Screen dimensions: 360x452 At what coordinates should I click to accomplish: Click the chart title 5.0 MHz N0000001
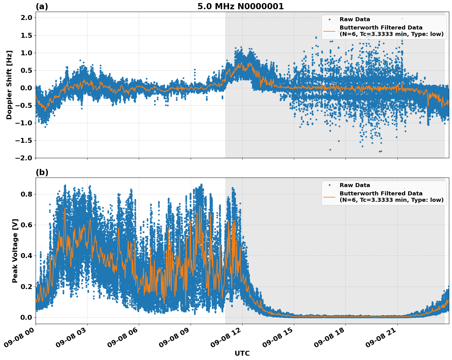[x=240, y=6]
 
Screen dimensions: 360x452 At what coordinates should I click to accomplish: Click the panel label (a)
[x=42, y=6]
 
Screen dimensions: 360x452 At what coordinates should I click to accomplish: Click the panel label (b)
[x=42, y=172]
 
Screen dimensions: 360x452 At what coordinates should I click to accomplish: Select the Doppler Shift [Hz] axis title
[x=9, y=85]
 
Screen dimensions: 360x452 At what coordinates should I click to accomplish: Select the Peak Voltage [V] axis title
[x=15, y=251]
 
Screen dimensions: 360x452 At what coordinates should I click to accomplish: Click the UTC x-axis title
[x=242, y=354]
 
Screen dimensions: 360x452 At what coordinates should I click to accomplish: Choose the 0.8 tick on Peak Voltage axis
[x=26, y=194]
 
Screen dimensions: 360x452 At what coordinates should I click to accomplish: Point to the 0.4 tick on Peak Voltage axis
[x=26, y=256]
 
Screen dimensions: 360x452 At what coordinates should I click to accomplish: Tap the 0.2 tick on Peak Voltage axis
[x=26, y=287]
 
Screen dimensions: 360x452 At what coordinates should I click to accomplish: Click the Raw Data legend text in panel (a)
[x=355, y=19]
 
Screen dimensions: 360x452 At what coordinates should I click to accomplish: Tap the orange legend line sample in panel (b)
[x=329, y=197]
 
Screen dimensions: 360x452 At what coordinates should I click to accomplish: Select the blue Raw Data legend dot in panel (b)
[x=329, y=185]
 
